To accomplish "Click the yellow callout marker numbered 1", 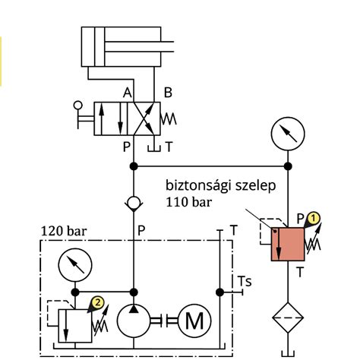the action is point(314,219).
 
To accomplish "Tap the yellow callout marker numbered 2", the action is point(98,302).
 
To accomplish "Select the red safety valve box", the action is point(288,244).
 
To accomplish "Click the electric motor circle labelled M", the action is point(194,321).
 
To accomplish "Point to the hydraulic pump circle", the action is point(134,321).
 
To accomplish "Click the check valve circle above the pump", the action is point(134,203).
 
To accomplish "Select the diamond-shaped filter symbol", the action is point(288,317).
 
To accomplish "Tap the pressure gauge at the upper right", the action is point(288,134).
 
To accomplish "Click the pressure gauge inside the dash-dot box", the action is point(75,265).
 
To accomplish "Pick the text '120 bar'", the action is point(64,231).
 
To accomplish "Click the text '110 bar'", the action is point(188,202).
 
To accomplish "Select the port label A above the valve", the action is point(128,93).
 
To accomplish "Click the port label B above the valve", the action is point(168,93).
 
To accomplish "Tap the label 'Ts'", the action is point(245,281).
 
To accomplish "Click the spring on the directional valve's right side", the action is point(169,118).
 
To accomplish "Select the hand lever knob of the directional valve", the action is point(77,105).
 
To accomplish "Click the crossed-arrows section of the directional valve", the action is point(144,118).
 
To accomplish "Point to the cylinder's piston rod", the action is point(139,46).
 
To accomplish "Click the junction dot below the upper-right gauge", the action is point(288,166).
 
